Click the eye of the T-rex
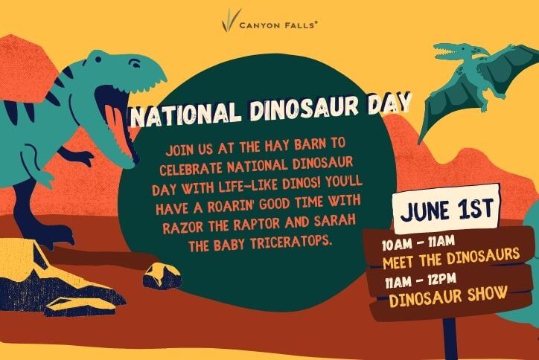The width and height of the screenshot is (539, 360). click(x=135, y=63)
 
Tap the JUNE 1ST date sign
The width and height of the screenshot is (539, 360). click(x=447, y=209)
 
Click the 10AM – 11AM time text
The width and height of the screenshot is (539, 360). click(x=418, y=243)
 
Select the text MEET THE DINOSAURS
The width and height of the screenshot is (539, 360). click(x=451, y=258)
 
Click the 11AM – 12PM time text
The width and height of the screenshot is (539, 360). click(x=421, y=280)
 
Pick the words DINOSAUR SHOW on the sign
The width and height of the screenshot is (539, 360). click(x=448, y=296)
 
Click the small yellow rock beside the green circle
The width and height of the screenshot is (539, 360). click(x=162, y=275)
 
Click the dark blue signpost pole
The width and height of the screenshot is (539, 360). click(x=450, y=338)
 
